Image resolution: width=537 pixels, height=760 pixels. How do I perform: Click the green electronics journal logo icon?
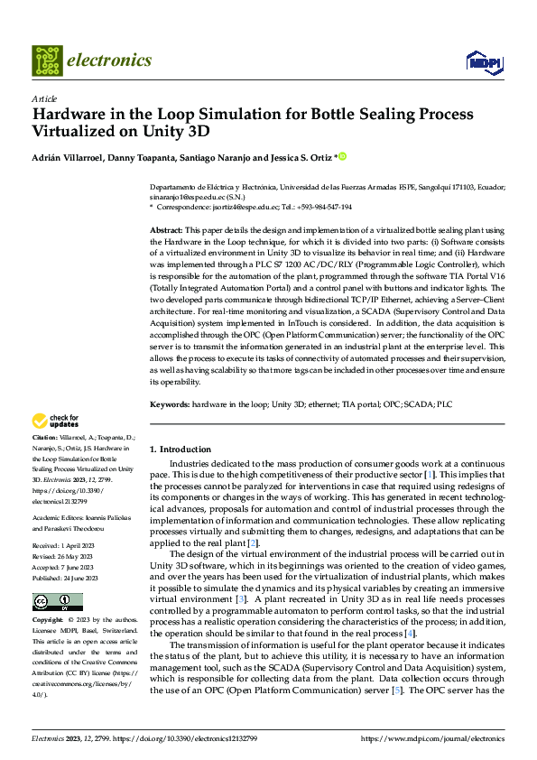[x=46, y=60]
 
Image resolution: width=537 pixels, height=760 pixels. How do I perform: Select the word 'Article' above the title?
[x=44, y=98]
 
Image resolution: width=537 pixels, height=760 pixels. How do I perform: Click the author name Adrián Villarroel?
[x=65, y=157]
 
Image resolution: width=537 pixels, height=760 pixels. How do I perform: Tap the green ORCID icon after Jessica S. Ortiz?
[x=343, y=157]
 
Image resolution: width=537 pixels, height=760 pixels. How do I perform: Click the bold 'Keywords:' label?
[x=169, y=404]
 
